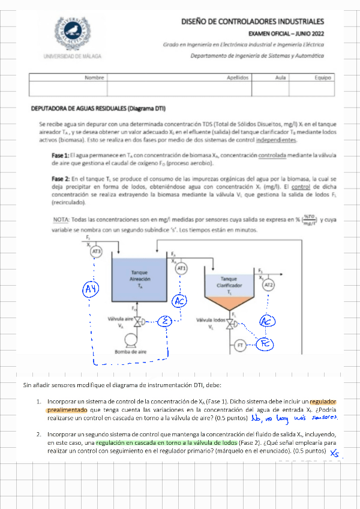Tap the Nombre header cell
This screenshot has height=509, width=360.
(94, 77)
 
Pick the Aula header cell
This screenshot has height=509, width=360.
(280, 77)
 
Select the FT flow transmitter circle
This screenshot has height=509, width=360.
(241, 346)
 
